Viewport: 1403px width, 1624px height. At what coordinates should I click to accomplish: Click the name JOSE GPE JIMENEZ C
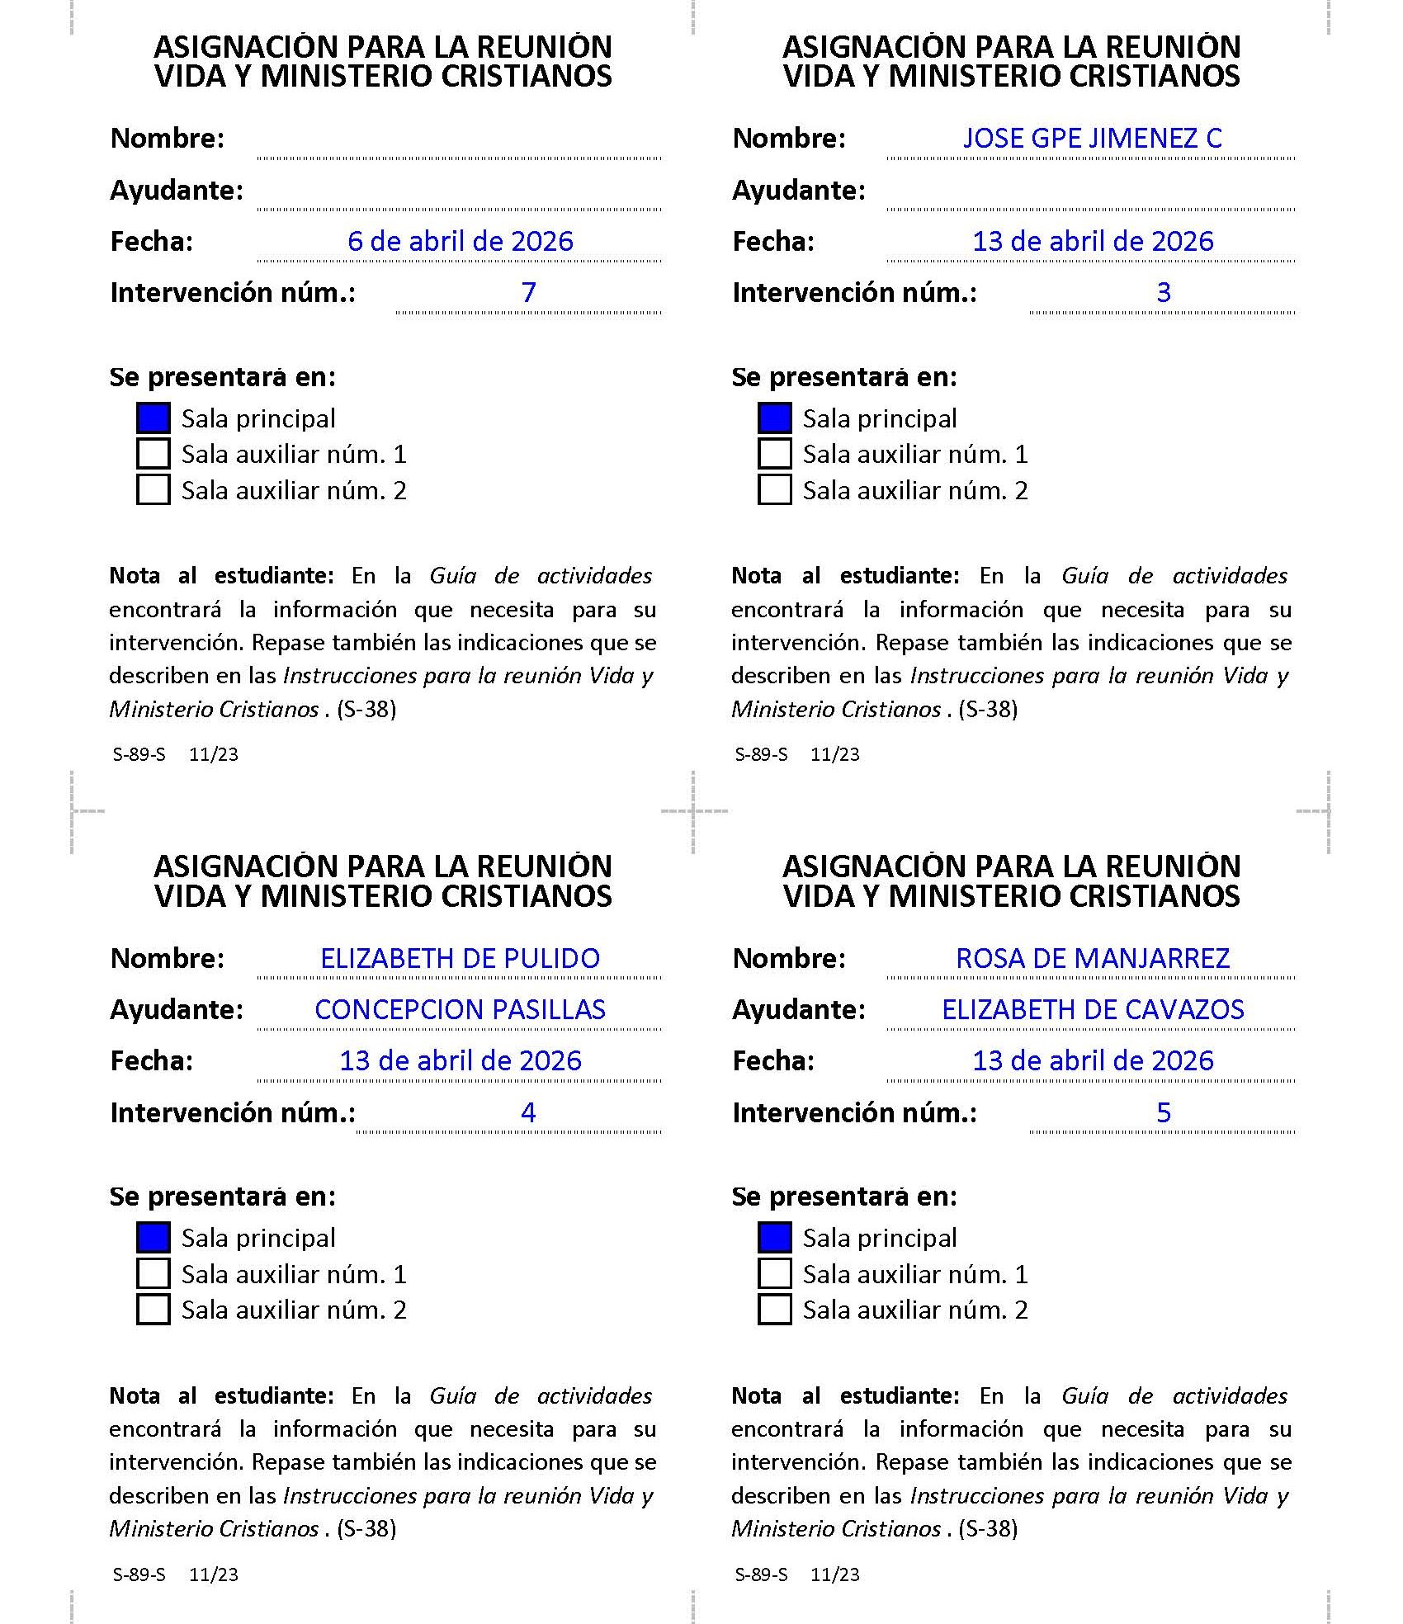[x=1092, y=138]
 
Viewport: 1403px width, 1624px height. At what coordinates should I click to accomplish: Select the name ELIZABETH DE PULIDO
[x=460, y=958]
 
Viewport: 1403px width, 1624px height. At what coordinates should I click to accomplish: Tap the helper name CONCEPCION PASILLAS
[x=460, y=1009]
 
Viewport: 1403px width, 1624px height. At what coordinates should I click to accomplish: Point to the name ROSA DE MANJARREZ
[x=1092, y=958]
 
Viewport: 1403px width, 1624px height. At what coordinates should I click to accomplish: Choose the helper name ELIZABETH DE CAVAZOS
[x=1092, y=1009]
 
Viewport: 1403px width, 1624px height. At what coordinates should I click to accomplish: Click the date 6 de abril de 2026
[x=460, y=241]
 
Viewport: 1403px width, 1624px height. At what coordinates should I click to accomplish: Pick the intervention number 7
[x=528, y=292]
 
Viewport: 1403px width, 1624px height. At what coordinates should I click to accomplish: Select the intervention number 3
[x=1163, y=292]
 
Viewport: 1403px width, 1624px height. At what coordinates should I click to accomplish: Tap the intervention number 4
[x=528, y=1112]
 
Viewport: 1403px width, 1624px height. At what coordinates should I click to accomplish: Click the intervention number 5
[x=1163, y=1112]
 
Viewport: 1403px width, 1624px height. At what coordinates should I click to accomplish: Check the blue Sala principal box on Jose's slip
[x=774, y=418]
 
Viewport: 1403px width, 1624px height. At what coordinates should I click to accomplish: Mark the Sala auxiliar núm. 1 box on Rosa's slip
[x=774, y=1273]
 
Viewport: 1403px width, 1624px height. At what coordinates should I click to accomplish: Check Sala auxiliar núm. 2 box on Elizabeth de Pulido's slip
[x=153, y=1310]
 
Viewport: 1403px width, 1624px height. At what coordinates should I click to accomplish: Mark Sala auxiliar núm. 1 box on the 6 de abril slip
[x=153, y=454]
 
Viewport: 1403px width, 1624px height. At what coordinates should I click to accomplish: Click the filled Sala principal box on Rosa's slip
[x=774, y=1238]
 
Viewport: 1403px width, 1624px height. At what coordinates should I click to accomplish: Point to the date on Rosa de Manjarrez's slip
[x=1092, y=1060]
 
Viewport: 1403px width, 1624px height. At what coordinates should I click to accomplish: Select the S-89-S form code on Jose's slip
[x=761, y=754]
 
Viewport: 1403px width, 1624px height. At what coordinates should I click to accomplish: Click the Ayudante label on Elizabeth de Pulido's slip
[x=177, y=1009]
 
